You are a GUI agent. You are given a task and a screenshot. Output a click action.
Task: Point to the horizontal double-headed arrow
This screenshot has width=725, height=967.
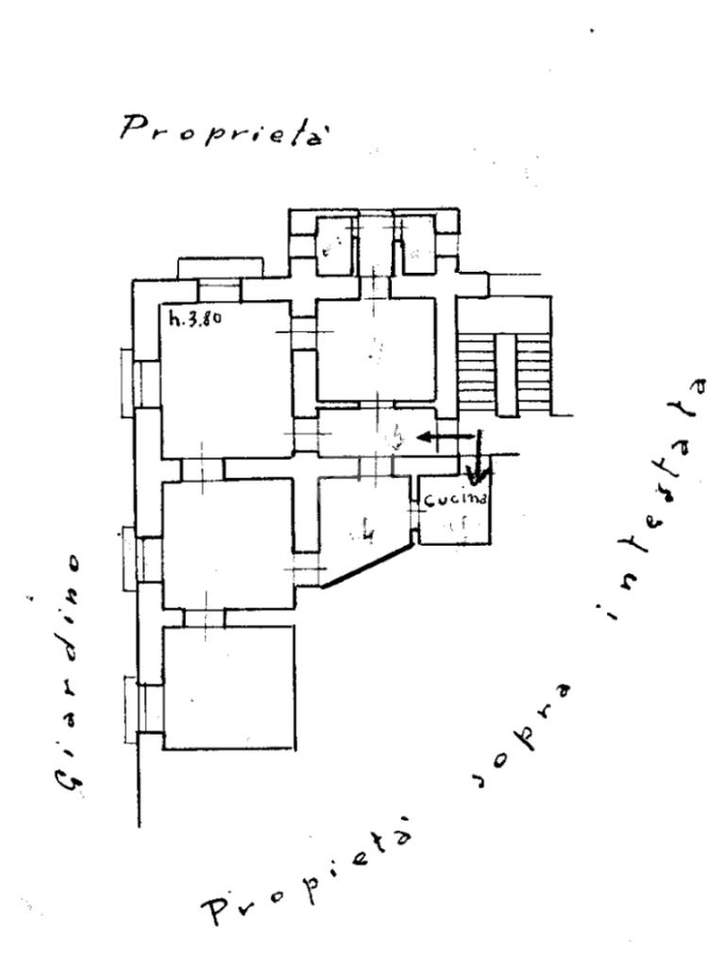447,436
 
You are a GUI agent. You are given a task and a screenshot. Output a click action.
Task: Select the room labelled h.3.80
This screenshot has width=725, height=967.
225,378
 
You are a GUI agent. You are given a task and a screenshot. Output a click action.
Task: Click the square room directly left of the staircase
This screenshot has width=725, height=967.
376,349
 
